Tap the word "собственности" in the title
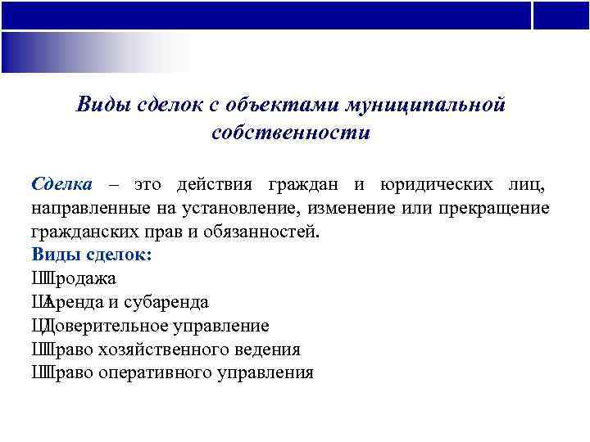(x=290, y=133)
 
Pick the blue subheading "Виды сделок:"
(x=91, y=255)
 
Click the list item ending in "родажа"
(x=74, y=278)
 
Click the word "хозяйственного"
(x=171, y=350)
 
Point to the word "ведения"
(x=270, y=350)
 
